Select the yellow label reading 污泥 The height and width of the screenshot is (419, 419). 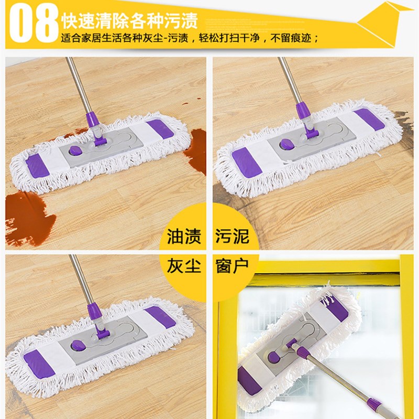pos(231,237)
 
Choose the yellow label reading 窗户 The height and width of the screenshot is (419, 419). pos(231,266)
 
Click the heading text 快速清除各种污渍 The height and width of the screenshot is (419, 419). pos(129,22)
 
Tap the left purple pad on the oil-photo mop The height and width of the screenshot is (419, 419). pos(37,167)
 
